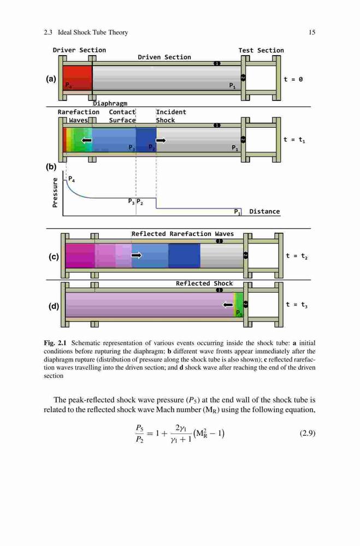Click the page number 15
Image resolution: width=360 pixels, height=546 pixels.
click(x=312, y=32)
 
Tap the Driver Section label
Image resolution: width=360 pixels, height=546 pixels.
click(x=79, y=50)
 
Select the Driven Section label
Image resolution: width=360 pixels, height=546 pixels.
click(x=164, y=57)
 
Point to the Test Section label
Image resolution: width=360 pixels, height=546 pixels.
click(x=261, y=50)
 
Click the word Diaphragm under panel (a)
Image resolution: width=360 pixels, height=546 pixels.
click(x=110, y=103)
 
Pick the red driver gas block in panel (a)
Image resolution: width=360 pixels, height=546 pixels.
click(x=78, y=78)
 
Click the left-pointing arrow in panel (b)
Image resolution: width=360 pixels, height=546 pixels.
click(x=86, y=140)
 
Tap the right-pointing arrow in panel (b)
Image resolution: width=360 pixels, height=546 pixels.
click(x=161, y=140)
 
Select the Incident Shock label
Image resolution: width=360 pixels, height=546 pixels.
click(x=171, y=116)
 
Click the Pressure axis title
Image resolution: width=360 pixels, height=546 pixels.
click(x=55, y=193)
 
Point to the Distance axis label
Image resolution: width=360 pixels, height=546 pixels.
click(x=264, y=211)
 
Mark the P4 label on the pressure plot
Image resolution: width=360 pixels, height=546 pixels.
click(x=72, y=179)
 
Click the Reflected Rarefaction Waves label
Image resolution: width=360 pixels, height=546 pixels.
click(x=182, y=234)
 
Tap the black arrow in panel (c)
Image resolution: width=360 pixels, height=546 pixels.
click(x=137, y=255)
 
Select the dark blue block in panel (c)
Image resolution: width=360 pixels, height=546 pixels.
click(x=184, y=256)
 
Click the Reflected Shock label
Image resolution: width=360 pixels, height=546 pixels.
click(x=204, y=283)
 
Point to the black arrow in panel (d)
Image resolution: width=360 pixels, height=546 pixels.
click(x=228, y=305)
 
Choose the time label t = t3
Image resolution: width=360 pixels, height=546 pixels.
click(x=297, y=305)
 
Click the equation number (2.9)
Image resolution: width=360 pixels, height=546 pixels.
click(x=308, y=433)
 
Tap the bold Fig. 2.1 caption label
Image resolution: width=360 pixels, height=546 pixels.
click(x=55, y=343)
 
